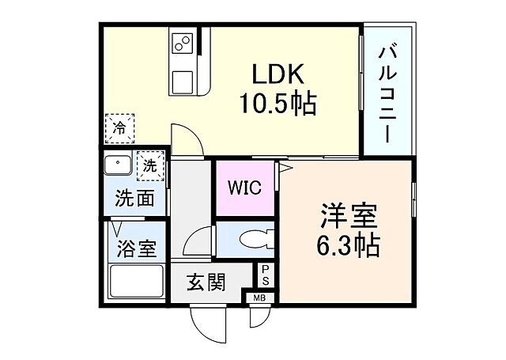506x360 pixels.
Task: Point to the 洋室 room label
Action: tap(349, 215)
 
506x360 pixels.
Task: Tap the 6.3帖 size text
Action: tap(349, 244)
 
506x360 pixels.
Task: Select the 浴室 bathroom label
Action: tap(136, 248)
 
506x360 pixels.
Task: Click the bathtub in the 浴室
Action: tap(136, 281)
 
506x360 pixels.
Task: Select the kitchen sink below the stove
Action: tap(183, 81)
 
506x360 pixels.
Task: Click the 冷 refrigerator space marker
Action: tap(119, 127)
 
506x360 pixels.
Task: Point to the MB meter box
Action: tap(259, 298)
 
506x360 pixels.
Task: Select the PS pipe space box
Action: tap(266, 275)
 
